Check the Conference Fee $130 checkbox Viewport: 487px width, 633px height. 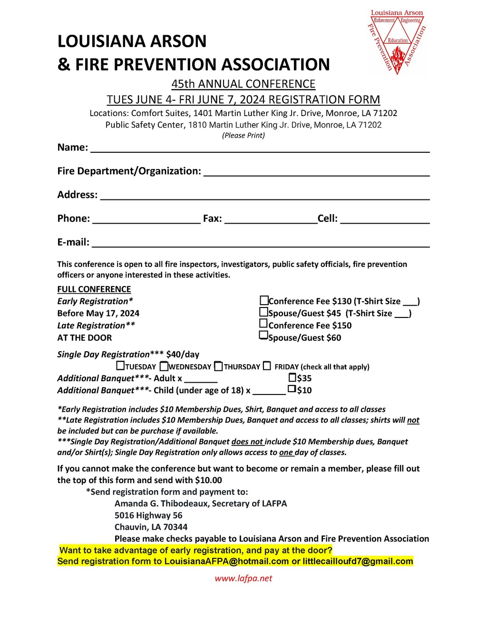tap(264, 300)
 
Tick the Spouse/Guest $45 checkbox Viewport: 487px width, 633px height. tap(263, 312)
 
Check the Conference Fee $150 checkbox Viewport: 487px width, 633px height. tap(263, 324)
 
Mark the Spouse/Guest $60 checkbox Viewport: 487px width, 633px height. tap(263, 336)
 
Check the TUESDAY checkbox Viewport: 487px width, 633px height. tap(121, 366)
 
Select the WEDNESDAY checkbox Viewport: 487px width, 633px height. tap(164, 366)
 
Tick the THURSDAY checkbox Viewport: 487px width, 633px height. tap(218, 366)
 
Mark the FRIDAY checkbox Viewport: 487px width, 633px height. tap(267, 366)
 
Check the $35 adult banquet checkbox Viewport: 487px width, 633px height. tap(292, 377)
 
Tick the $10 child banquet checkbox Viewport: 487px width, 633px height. tap(292, 389)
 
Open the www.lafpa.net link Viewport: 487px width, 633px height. tap(243, 578)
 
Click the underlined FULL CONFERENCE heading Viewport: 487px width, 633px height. tap(94, 289)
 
